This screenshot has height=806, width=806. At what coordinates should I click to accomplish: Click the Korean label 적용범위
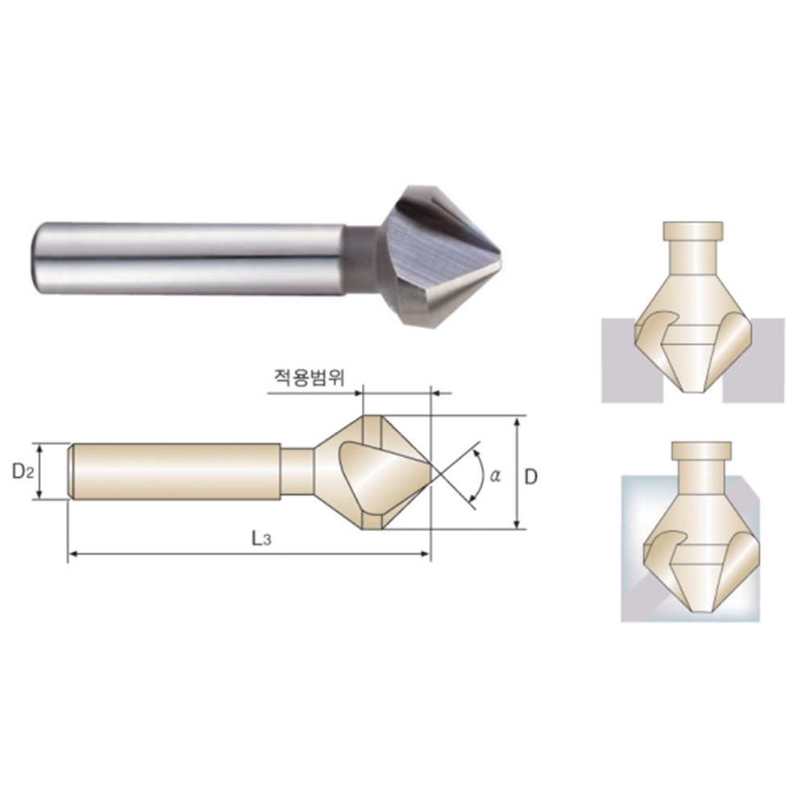pyautogui.click(x=309, y=378)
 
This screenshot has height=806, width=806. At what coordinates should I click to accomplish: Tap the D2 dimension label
pyautogui.click(x=23, y=471)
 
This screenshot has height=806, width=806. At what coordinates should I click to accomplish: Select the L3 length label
pyautogui.click(x=261, y=538)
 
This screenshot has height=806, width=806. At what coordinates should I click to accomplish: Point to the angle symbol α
pyautogui.click(x=495, y=476)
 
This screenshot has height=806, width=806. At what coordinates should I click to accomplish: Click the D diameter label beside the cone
pyautogui.click(x=530, y=477)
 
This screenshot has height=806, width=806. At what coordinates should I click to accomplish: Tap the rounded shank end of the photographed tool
pyautogui.click(x=37, y=258)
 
